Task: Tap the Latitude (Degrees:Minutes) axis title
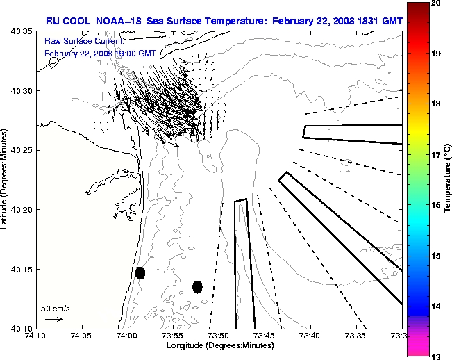pyautogui.click(x=6, y=179)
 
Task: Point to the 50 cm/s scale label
pyautogui.click(x=55, y=308)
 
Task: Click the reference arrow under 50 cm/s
pyautogui.click(x=54, y=319)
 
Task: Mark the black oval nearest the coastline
pyautogui.click(x=140, y=272)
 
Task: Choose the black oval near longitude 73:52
pyautogui.click(x=197, y=286)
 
